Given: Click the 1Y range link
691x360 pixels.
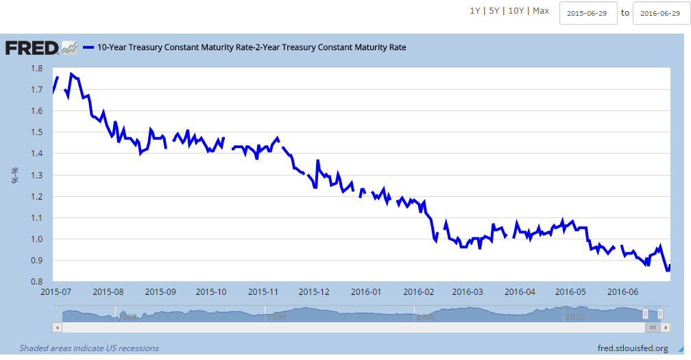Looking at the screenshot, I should pos(475,11).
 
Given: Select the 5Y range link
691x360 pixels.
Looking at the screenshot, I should pos(494,11).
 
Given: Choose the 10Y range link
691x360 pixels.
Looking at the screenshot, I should pos(516,11).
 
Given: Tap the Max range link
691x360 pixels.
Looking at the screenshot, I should pos(541,11).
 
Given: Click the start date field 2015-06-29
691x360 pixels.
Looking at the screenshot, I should pos(588,13).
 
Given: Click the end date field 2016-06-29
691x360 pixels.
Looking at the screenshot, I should pos(661,13).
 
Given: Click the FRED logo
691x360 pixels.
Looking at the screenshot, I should pos(32,48).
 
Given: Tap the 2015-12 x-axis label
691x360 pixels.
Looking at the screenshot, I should pos(315,292).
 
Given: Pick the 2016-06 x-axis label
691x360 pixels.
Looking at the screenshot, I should pos(622,292).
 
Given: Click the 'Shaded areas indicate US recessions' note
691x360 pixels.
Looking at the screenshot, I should pos(89,348).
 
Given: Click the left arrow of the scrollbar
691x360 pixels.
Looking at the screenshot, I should pos(58,328).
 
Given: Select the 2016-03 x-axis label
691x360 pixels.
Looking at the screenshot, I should pos(469,292).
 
